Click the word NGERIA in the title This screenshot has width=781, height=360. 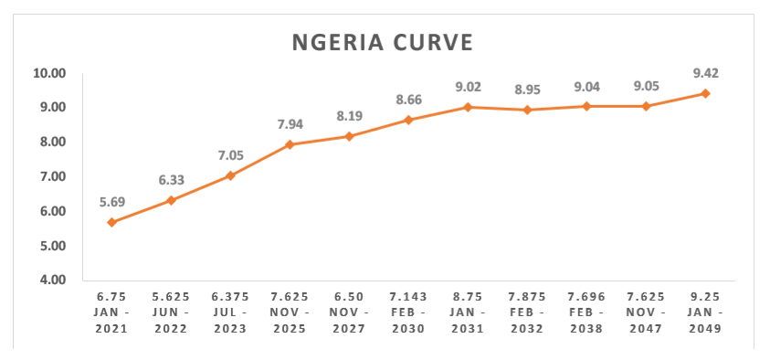tap(338, 43)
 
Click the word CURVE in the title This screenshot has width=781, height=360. tap(433, 43)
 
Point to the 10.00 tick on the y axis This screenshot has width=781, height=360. tap(49, 74)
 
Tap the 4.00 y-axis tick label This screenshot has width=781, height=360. tap(53, 280)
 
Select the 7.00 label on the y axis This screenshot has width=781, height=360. tap(53, 176)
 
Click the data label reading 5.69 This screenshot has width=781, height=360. tap(111, 202)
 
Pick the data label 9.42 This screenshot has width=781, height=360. tap(705, 74)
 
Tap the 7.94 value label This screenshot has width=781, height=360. tap(290, 124)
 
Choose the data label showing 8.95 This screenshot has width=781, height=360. tap(527, 90)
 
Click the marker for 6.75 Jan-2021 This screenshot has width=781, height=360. tap(111, 222)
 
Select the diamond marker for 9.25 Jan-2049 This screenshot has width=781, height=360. tap(705, 93)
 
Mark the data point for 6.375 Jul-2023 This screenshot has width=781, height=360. tap(230, 175)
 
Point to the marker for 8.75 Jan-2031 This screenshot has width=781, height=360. tap(468, 107)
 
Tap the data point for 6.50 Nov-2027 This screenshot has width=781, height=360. tap(349, 136)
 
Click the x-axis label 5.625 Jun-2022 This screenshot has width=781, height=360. tap(171, 312)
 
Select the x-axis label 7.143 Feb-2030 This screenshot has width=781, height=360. tap(408, 312)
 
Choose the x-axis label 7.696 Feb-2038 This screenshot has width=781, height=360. tap(586, 312)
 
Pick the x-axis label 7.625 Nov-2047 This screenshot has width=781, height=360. tap(646, 312)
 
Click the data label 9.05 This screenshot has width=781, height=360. tap(646, 87)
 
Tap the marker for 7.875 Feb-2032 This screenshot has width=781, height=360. tap(527, 110)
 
